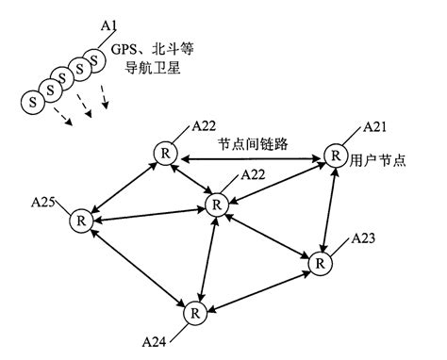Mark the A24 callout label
coord(156,338)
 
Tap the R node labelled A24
coord(194,311)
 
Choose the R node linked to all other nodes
coord(218,204)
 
